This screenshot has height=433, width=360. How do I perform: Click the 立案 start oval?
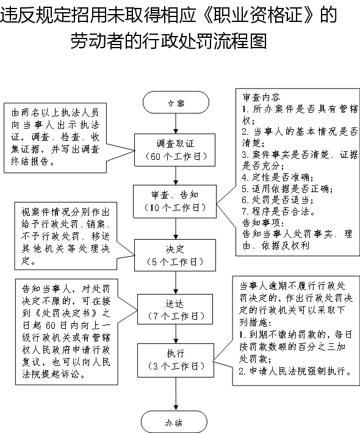[x=176, y=102]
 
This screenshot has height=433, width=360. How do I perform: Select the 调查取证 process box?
[x=175, y=150]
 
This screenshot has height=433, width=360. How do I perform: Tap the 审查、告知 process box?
[x=175, y=201]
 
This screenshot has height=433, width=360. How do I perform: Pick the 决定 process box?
[x=175, y=255]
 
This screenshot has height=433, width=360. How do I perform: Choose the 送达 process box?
[x=175, y=309]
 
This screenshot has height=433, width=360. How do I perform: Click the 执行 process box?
[x=176, y=360]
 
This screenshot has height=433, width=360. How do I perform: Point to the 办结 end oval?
[x=174, y=421]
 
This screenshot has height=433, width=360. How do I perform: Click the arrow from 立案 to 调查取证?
[x=176, y=124]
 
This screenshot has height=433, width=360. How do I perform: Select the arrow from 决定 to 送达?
[x=176, y=282]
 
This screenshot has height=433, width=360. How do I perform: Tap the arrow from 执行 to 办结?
[x=176, y=394]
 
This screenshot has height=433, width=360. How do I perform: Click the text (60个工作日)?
[x=176, y=157]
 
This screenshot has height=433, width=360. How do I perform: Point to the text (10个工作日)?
[x=175, y=208]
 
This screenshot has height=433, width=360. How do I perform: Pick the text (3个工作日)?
[x=176, y=367]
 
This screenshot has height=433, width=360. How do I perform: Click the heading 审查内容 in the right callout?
[x=261, y=97]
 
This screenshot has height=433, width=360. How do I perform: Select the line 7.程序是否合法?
[x=278, y=212]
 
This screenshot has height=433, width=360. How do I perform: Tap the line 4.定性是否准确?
[x=278, y=177]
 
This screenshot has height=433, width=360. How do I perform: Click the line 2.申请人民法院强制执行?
[x=295, y=371]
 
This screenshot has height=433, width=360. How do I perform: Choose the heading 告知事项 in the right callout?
[x=263, y=223]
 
